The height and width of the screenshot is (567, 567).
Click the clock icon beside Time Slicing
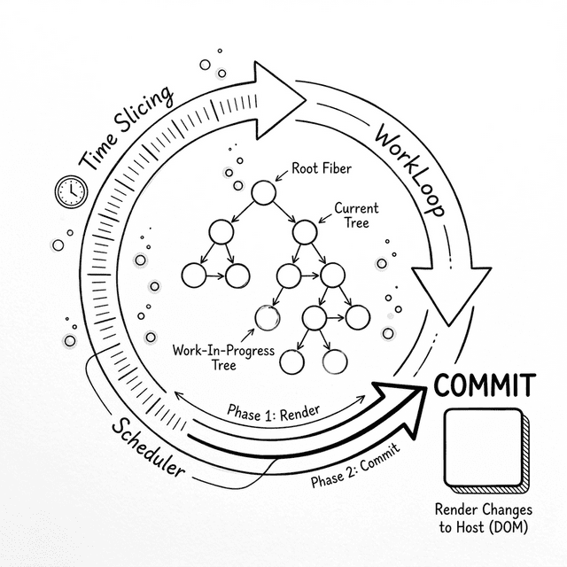click(x=67, y=190)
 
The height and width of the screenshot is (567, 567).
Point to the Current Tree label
click(x=355, y=215)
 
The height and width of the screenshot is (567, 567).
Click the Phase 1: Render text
click(x=273, y=412)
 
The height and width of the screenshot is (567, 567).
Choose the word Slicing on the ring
click(x=144, y=113)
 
